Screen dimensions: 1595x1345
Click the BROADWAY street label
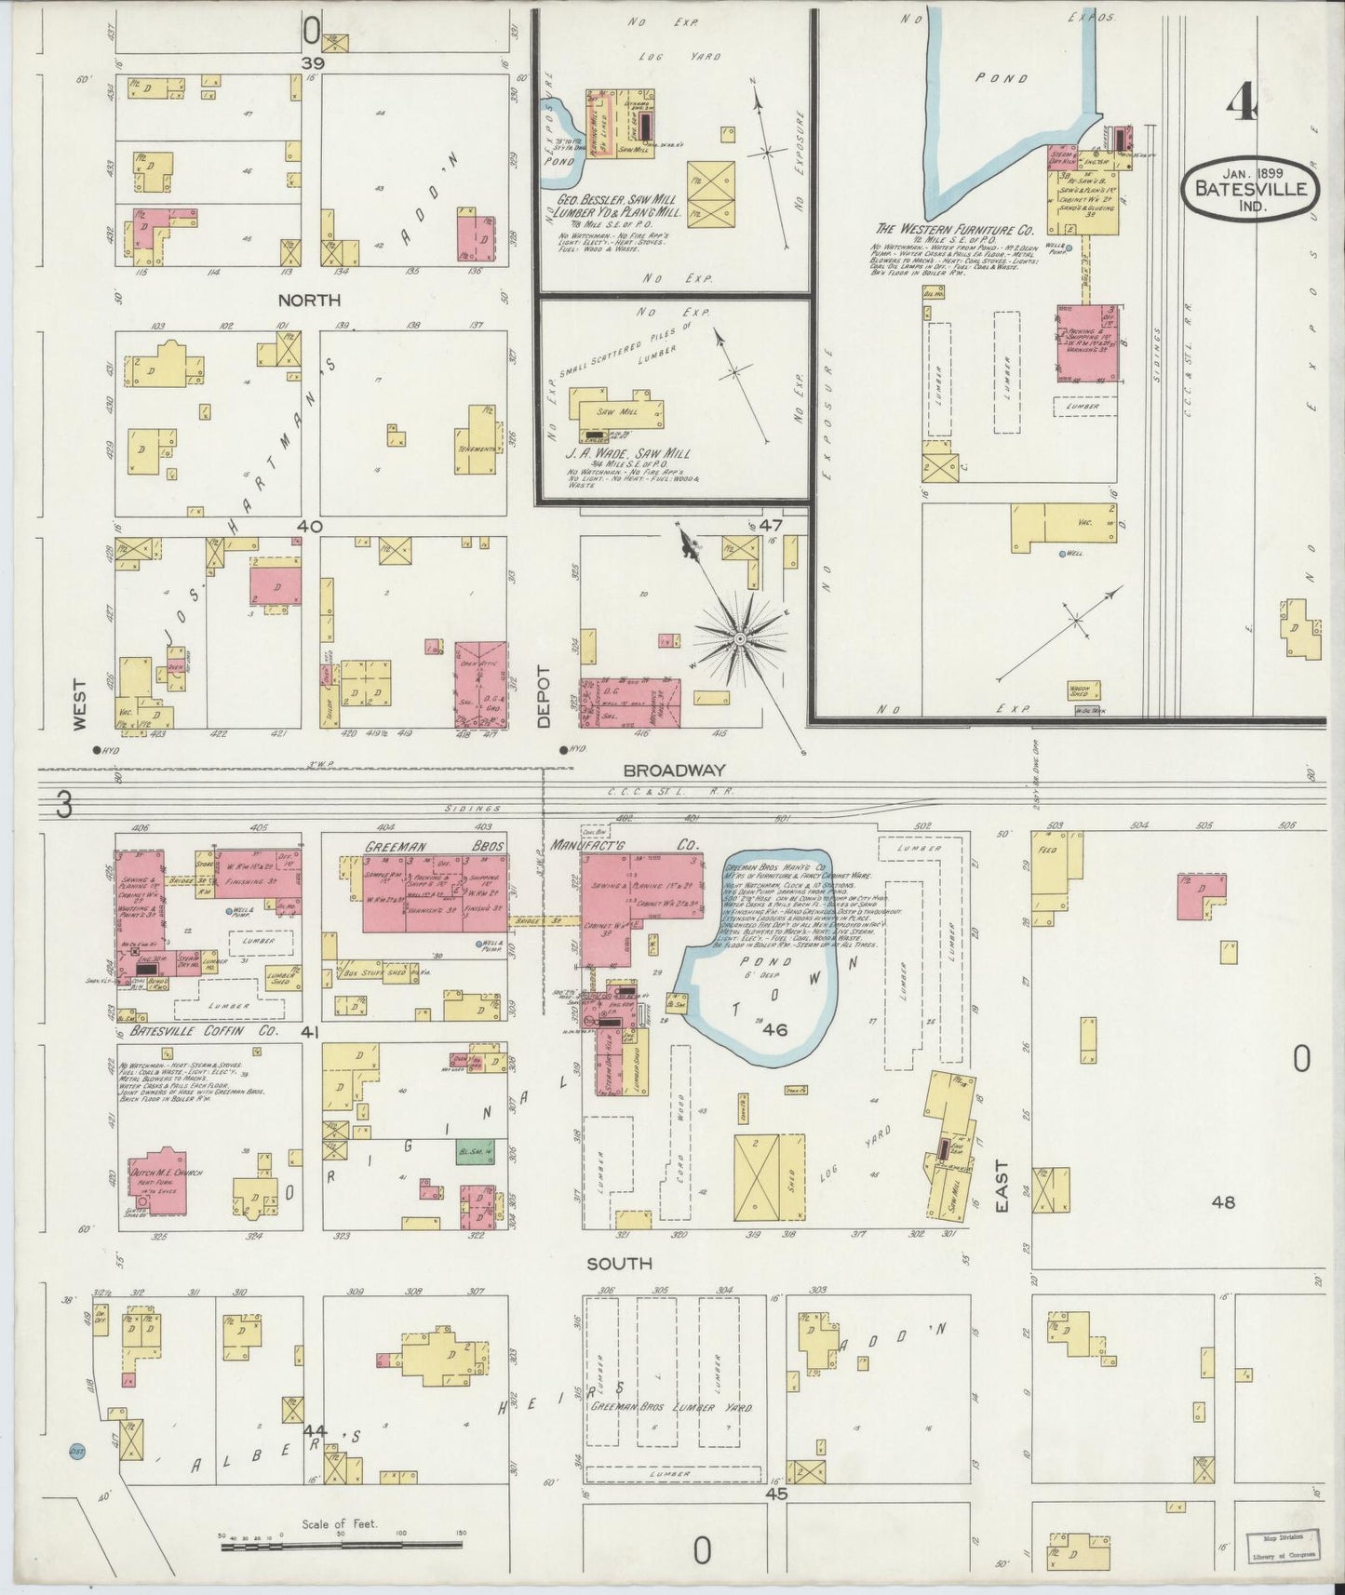click(x=674, y=771)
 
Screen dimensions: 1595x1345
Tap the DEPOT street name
click(x=544, y=696)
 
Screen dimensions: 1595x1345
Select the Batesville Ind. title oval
click(x=1251, y=190)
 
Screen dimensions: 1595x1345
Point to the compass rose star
click(x=740, y=638)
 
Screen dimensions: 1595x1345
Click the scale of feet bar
click(x=341, y=1546)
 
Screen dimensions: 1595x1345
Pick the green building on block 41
click(x=472, y=1153)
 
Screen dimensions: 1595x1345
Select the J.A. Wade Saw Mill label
click(x=628, y=454)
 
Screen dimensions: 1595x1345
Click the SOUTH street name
click(x=619, y=1264)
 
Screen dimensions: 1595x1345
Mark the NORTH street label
click(x=308, y=300)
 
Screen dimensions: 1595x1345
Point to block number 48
click(x=1223, y=1201)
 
